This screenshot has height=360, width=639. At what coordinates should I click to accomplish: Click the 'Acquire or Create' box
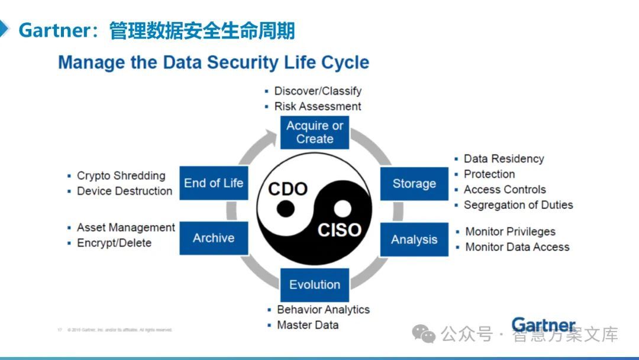[x=314, y=132]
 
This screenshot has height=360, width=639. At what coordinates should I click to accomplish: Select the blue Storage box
[x=414, y=184]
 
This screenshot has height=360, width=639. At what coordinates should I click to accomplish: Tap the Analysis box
[x=414, y=239]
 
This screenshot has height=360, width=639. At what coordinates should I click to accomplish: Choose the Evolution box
[x=314, y=285]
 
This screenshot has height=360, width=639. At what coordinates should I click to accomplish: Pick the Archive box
[x=213, y=238]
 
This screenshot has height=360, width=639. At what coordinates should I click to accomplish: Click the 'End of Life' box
[x=213, y=183]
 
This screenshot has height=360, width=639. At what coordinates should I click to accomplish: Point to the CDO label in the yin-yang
[x=288, y=189]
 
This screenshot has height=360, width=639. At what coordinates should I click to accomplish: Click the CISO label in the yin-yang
[x=340, y=230]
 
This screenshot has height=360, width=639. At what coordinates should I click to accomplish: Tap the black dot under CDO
[x=286, y=208]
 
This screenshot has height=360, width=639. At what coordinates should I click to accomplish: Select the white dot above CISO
[x=342, y=208]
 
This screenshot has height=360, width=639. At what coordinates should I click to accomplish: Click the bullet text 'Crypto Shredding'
[x=121, y=176]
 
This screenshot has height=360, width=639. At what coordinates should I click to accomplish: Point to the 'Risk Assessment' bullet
[x=317, y=107]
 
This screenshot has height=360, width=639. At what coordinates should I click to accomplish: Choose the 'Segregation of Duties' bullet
[x=518, y=205]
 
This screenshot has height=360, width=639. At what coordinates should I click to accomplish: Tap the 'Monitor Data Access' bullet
[x=517, y=247]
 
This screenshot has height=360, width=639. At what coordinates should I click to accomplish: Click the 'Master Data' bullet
[x=308, y=325]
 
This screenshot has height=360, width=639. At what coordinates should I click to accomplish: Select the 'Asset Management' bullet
[x=125, y=227]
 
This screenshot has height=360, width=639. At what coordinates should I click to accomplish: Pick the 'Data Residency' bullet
[x=504, y=159]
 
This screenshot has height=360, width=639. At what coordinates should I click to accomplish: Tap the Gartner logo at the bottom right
[x=543, y=325]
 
